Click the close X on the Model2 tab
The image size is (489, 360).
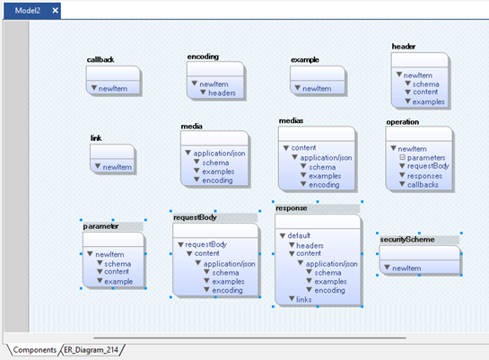[x=56, y=11]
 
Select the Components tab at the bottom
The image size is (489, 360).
[x=35, y=350]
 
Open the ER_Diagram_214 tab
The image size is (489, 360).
[x=91, y=350]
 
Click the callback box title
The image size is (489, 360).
[x=100, y=59]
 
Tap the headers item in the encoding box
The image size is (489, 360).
[x=222, y=93]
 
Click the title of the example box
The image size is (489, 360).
[x=305, y=60]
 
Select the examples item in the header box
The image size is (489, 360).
[x=429, y=101]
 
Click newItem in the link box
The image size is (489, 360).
[x=118, y=167]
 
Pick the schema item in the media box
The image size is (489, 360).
[x=215, y=162]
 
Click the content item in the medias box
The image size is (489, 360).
[x=303, y=147]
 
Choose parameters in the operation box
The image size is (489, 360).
[x=426, y=157]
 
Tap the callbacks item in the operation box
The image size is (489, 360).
[x=423, y=185]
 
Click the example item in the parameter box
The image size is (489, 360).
[x=118, y=281]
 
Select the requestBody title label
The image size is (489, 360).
[x=195, y=217]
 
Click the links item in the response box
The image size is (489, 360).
[x=304, y=300]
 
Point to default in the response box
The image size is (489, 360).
[x=299, y=235]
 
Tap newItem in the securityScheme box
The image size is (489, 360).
[x=406, y=268]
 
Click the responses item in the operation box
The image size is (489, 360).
[x=424, y=176]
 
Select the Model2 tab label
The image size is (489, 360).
[x=28, y=11]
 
